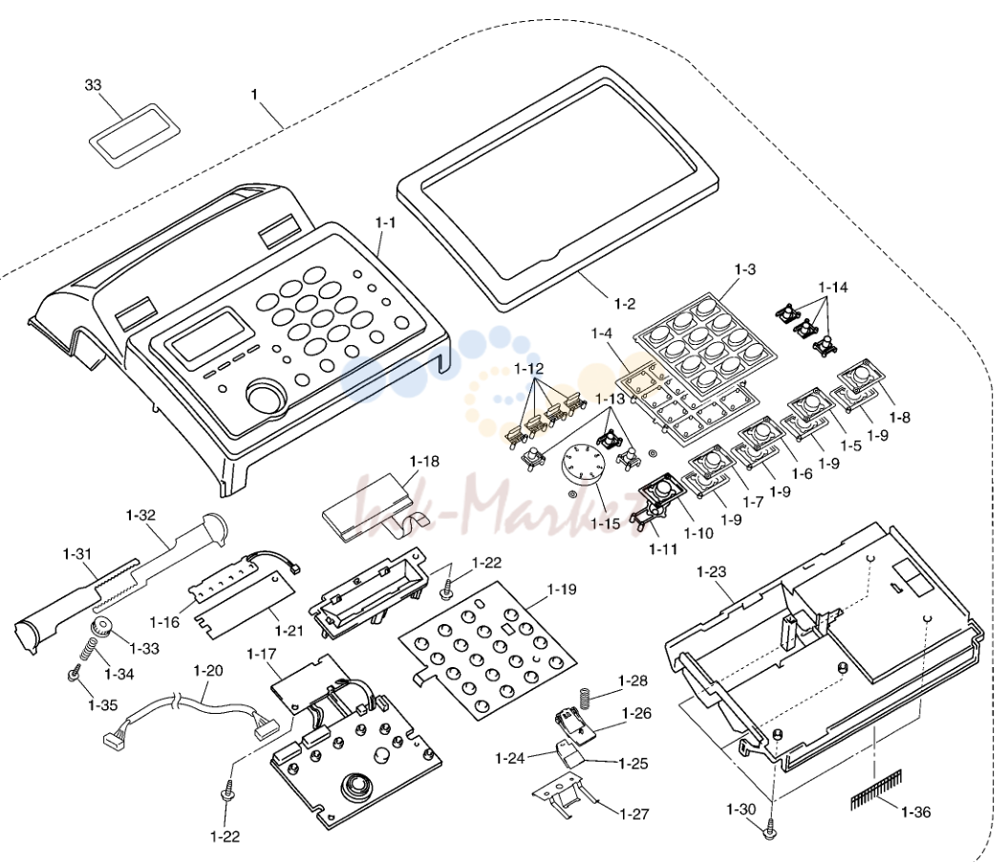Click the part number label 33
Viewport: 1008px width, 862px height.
(94, 85)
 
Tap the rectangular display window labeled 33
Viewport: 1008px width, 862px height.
(134, 136)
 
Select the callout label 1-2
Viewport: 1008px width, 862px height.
(625, 304)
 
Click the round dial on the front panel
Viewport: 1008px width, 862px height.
(266, 397)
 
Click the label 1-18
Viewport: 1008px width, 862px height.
(424, 462)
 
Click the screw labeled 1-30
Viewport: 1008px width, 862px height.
(769, 830)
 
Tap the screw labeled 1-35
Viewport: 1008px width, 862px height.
(74, 675)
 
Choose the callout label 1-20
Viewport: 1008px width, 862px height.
(208, 671)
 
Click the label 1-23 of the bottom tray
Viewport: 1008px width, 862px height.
(711, 572)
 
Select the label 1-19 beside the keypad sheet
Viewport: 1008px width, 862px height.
(562, 590)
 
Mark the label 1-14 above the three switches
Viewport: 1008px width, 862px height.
(833, 288)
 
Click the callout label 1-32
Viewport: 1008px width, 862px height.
(140, 515)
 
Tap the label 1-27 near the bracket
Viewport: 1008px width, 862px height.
(633, 814)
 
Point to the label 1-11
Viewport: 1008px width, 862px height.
(663, 549)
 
